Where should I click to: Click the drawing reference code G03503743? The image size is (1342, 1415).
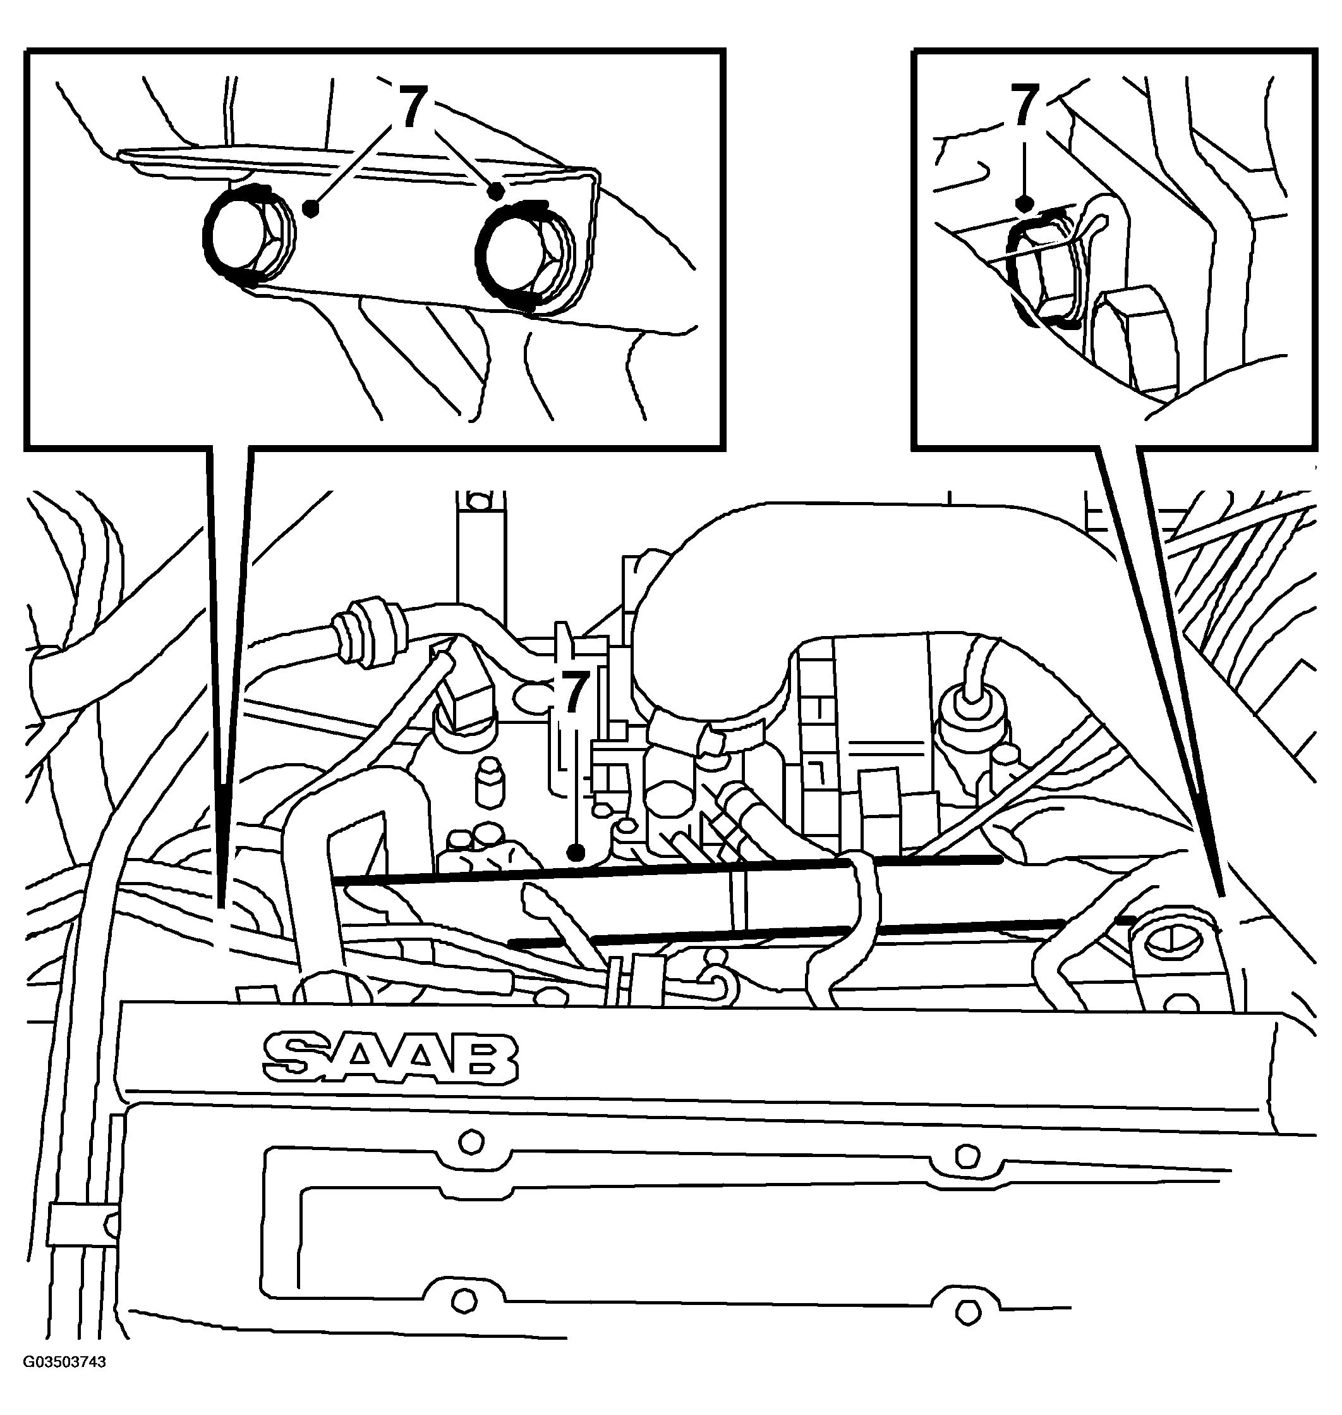click(64, 1382)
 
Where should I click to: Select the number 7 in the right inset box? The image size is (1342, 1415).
click(1024, 105)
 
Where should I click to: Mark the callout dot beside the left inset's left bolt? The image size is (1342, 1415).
click(310, 208)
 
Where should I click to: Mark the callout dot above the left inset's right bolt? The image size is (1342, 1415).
click(495, 191)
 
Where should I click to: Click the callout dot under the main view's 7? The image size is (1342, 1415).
click(577, 852)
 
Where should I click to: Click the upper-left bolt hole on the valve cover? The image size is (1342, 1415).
click(470, 1142)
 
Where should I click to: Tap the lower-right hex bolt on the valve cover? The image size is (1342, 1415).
click(967, 1311)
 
